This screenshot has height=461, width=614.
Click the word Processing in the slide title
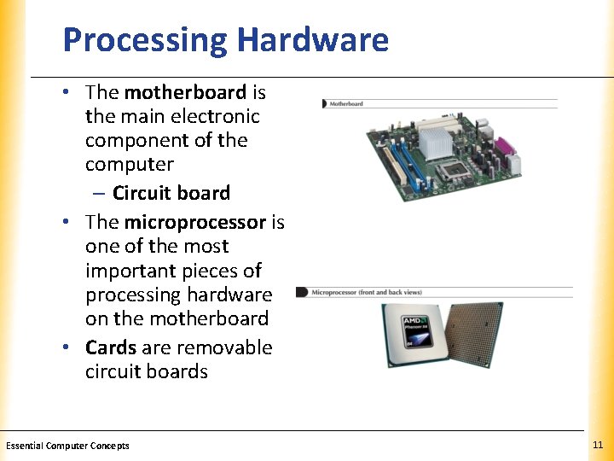pos(145,40)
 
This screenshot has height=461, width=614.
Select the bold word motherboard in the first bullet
pos(185,91)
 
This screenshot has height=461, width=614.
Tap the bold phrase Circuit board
pos(171,193)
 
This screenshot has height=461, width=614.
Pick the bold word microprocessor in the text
pos(195,222)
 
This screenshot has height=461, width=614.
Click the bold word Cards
pos(111,347)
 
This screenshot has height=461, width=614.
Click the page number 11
pos(597,446)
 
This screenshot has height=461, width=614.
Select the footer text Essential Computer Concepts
pos(68,446)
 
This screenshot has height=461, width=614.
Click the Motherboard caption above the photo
pos(346,103)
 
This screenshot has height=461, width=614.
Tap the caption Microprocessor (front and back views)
pos(367,292)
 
